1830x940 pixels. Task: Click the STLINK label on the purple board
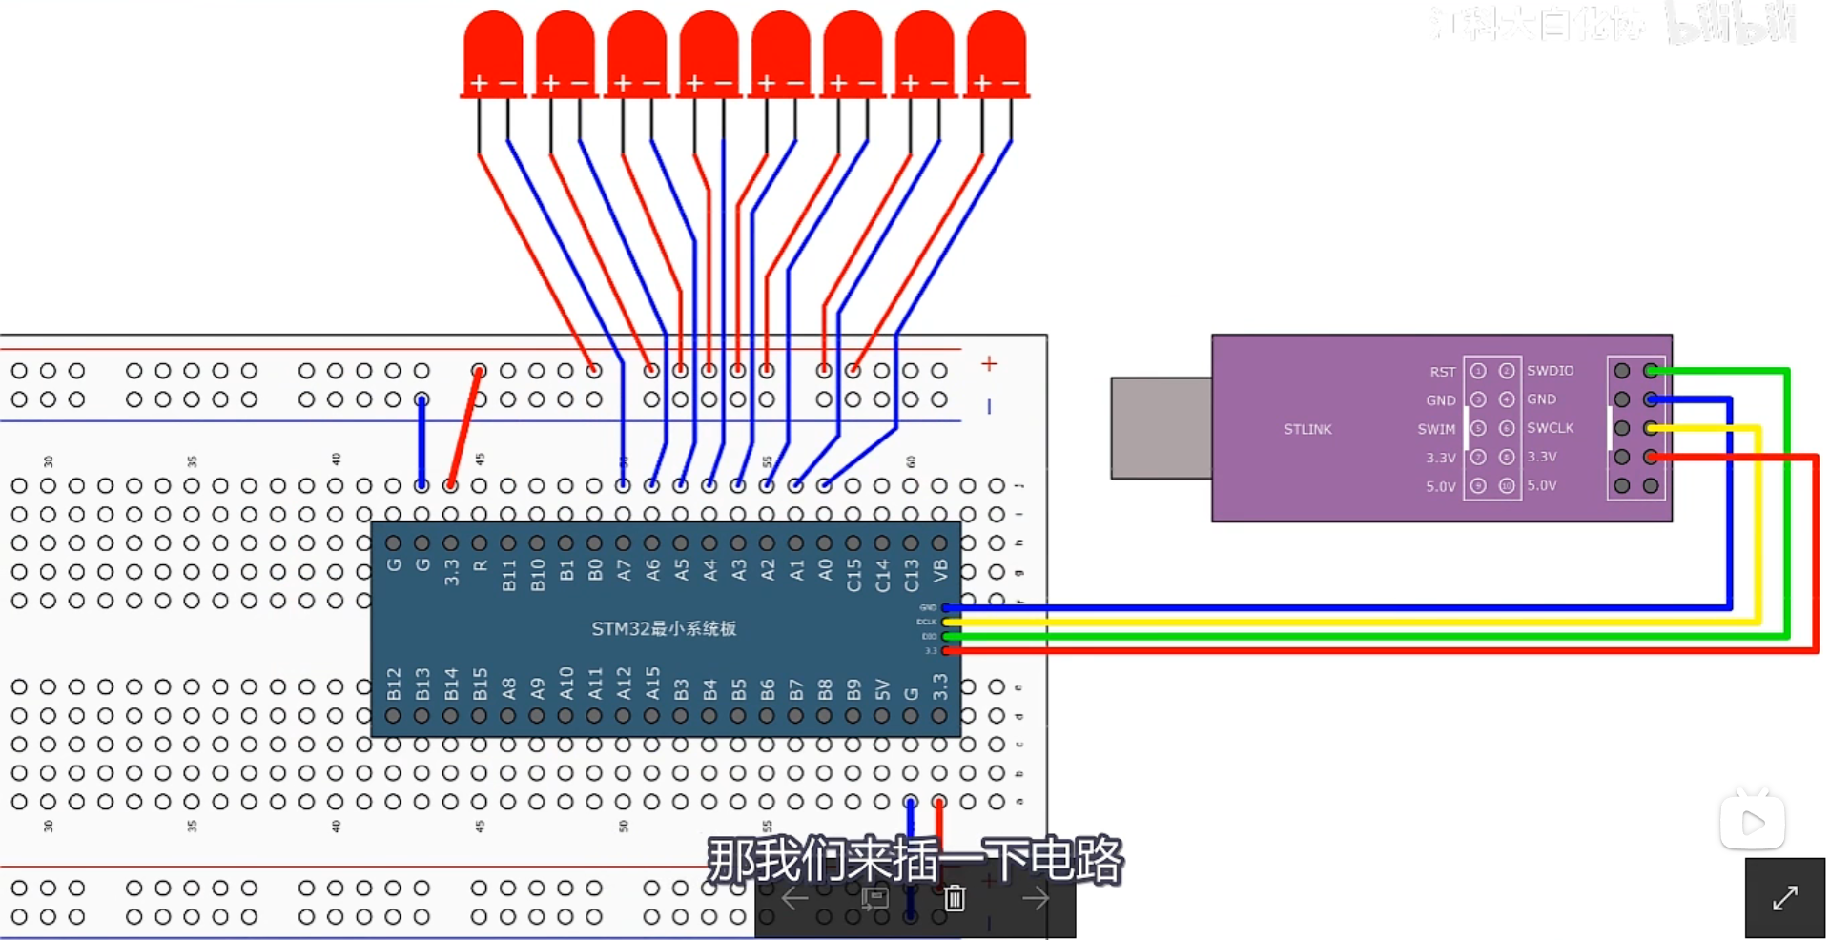click(1306, 429)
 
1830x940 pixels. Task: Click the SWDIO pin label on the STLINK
click(1550, 371)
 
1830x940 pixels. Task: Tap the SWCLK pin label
click(1550, 428)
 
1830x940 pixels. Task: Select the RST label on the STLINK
click(1442, 372)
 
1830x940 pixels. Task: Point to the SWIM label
click(1436, 429)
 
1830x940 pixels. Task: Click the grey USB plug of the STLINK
click(1161, 427)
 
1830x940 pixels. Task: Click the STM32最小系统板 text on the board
click(664, 629)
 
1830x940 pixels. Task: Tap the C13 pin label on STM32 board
click(912, 575)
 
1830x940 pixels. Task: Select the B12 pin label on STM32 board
click(394, 684)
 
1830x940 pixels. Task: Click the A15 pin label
click(652, 684)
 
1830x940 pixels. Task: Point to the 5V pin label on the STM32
click(882, 688)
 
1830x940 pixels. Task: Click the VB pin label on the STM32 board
click(940, 571)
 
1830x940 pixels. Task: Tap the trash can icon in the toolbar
click(955, 897)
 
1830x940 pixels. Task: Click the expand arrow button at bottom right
click(1784, 897)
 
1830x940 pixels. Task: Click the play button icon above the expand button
click(1752, 822)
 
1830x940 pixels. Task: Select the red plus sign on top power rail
click(989, 363)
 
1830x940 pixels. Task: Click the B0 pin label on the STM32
click(595, 570)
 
